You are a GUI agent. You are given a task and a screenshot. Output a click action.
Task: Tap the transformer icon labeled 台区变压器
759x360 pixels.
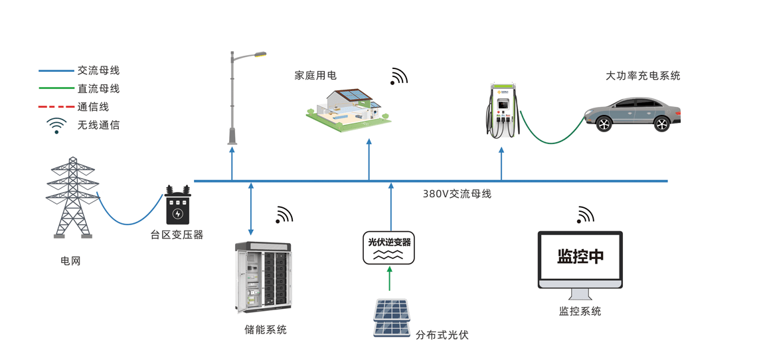pyautogui.click(x=177, y=206)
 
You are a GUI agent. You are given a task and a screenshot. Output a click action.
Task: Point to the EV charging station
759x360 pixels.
pyautogui.click(x=503, y=110)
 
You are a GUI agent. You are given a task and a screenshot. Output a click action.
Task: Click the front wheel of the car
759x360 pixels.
pyautogui.click(x=603, y=124)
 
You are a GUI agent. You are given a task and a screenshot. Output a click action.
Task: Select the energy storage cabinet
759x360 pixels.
pyautogui.click(x=263, y=278)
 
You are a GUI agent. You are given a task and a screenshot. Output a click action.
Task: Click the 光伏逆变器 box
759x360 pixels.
pyautogui.click(x=389, y=248)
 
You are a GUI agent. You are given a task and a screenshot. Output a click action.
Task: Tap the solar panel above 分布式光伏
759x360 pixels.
pyautogui.click(x=391, y=318)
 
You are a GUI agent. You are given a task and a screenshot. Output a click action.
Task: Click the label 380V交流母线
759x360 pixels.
pyautogui.click(x=457, y=194)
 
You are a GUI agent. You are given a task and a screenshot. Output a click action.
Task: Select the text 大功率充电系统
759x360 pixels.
pyautogui.click(x=643, y=76)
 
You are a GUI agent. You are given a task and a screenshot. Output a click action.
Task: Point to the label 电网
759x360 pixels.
pyautogui.click(x=70, y=261)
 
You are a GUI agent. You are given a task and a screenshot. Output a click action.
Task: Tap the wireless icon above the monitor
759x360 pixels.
pyautogui.click(x=585, y=215)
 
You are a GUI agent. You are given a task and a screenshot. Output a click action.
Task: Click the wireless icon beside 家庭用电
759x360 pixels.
pyautogui.click(x=398, y=76)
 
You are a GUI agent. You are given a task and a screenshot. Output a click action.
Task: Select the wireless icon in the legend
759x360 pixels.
pyautogui.click(x=56, y=126)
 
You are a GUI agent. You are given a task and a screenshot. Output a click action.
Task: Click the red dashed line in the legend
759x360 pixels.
pyautogui.click(x=56, y=107)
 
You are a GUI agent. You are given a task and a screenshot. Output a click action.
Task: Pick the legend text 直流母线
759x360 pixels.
pyautogui.click(x=98, y=88)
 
